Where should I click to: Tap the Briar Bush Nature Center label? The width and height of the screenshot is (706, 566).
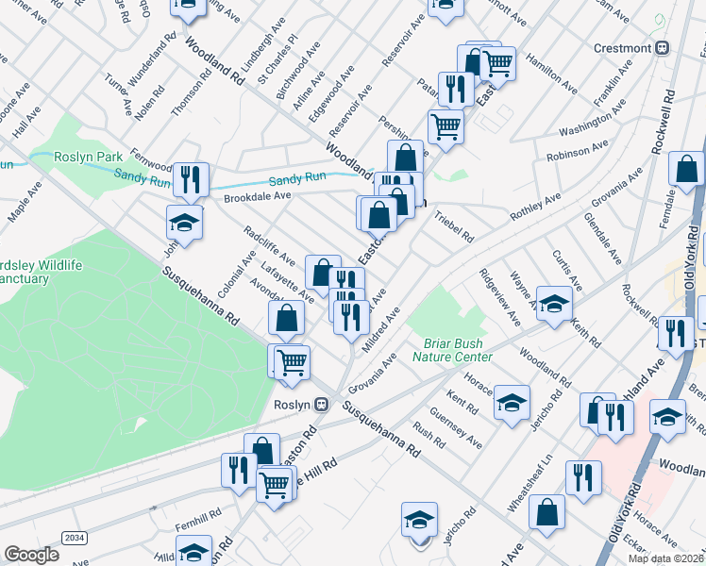[452, 350]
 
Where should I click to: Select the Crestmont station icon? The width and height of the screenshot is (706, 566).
[664, 48]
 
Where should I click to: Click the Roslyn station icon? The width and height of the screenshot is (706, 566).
[322, 404]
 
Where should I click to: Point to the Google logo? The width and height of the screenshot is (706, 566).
[31, 555]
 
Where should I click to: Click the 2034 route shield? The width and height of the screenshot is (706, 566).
[73, 537]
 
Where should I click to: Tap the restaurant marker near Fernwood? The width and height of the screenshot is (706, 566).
[191, 178]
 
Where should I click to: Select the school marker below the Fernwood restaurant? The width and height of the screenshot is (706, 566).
[185, 224]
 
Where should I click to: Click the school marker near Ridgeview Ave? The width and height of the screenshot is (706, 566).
[555, 304]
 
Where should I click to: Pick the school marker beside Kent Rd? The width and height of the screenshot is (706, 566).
[512, 403]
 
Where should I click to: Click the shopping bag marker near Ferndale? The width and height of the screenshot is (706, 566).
[686, 170]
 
